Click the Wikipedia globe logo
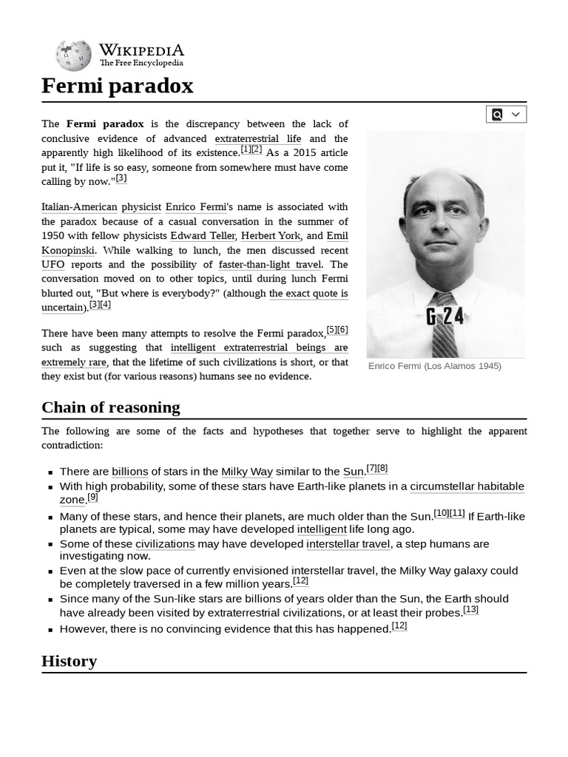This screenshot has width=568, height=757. (x=73, y=55)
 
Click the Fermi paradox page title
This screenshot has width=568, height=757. (x=117, y=86)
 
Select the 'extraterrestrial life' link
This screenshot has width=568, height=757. (x=257, y=138)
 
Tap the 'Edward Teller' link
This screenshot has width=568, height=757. (x=203, y=236)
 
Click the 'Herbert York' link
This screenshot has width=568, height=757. (x=271, y=236)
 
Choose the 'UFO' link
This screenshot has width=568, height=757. (x=53, y=265)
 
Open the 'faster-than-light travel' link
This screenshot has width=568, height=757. (x=270, y=265)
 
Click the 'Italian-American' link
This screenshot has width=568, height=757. (x=79, y=207)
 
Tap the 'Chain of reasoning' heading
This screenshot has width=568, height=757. (x=111, y=407)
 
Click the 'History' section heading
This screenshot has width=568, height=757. (x=69, y=661)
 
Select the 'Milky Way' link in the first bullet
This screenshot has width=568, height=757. (x=247, y=472)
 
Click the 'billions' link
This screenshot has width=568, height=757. (x=129, y=472)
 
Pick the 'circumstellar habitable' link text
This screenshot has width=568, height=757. (x=467, y=486)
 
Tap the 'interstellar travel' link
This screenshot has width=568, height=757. (x=348, y=544)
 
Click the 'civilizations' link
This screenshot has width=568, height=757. (x=165, y=544)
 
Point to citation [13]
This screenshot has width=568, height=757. (x=470, y=610)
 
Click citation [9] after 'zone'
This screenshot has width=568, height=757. (x=92, y=498)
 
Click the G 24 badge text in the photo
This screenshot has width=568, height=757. (x=445, y=316)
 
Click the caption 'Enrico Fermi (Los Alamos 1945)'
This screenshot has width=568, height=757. (x=434, y=366)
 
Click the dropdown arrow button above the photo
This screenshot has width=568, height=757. (x=515, y=114)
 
